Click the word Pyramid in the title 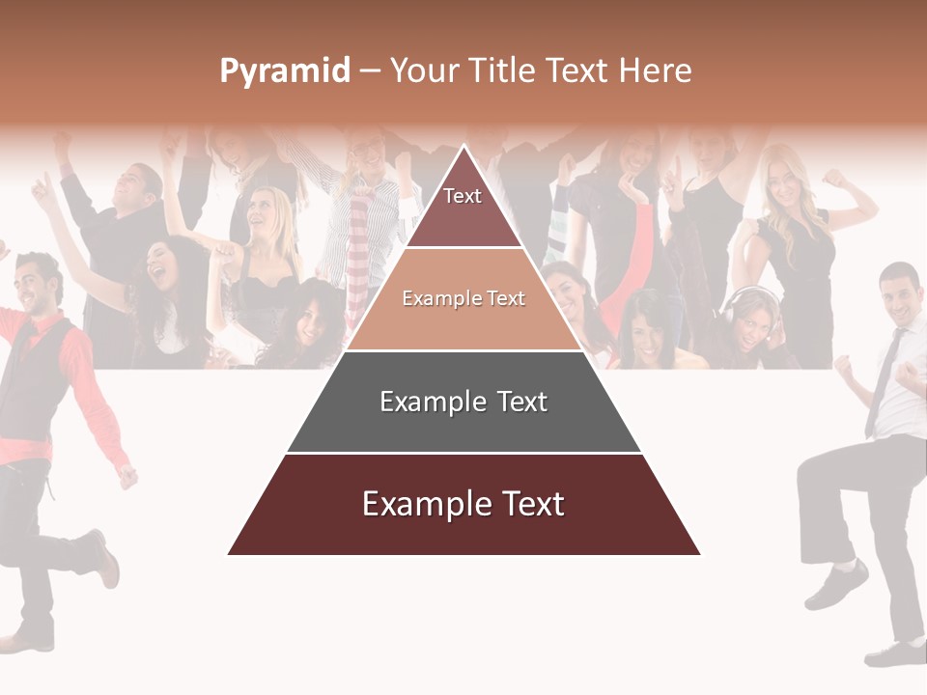coord(284,71)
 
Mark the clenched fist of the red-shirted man coord(126,476)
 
